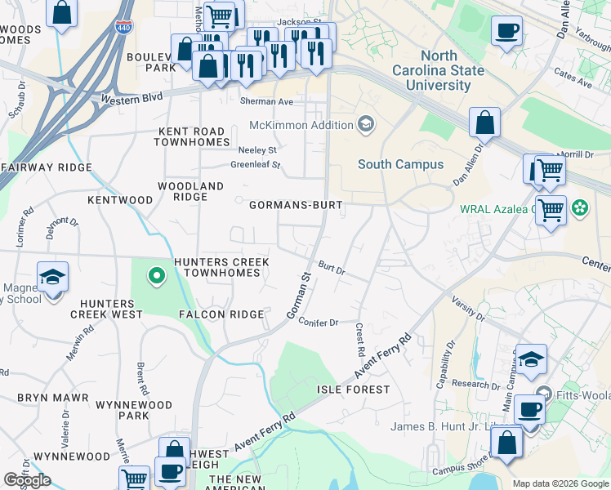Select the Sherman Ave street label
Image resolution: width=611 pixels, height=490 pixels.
(x=265, y=102)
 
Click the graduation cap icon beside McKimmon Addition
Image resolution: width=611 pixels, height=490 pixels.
(x=366, y=125)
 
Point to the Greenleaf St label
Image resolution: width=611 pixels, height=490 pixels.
(x=255, y=165)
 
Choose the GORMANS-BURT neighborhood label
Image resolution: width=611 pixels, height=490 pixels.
(x=295, y=205)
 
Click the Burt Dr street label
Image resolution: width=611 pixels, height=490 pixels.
(x=332, y=267)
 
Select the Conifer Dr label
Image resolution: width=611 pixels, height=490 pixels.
(x=319, y=323)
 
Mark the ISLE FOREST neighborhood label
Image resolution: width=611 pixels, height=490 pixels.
(x=353, y=390)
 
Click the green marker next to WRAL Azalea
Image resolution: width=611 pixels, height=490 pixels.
(x=580, y=208)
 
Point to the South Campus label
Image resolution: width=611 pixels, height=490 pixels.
(x=400, y=164)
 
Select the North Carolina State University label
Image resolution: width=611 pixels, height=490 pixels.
(x=451, y=70)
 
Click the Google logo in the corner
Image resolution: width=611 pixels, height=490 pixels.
(x=27, y=480)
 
